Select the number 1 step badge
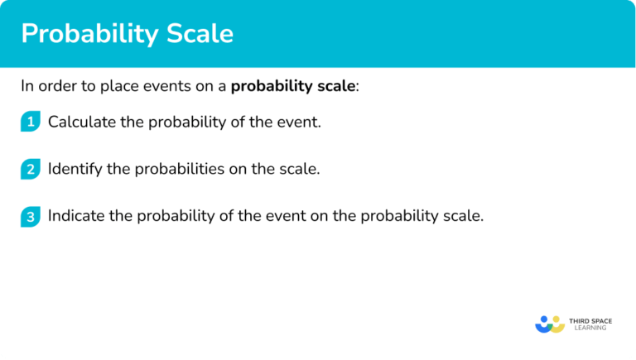coord(30,122)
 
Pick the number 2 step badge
coord(30,169)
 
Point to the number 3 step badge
coord(30,216)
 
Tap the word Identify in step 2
coord(73,169)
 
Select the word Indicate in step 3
coord(74,216)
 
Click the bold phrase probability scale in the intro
coord(294,86)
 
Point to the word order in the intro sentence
coord(56,86)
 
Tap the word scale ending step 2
coord(301,169)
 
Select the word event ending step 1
coord(301,122)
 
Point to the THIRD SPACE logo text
coord(592,319)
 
